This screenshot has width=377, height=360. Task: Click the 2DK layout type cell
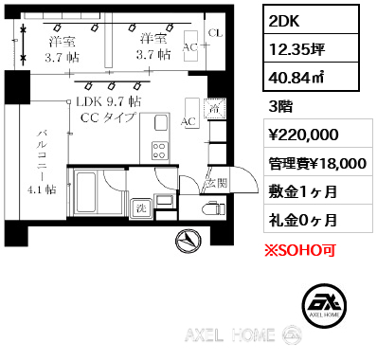[311, 20]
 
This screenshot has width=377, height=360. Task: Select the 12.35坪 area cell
[311, 48]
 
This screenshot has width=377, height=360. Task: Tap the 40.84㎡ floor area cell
[311, 77]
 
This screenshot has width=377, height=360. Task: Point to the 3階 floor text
[280, 106]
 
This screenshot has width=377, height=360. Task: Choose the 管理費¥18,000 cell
[318, 162]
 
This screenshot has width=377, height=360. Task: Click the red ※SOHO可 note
[300, 250]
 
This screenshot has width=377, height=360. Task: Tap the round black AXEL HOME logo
[325, 306]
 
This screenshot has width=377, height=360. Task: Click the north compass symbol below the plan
[188, 242]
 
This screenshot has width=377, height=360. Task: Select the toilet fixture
[213, 208]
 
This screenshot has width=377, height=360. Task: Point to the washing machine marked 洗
[141, 208]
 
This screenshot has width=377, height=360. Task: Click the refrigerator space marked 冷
[215, 109]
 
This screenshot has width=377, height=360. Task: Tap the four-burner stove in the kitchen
[159, 150]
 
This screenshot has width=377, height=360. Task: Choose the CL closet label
[215, 33]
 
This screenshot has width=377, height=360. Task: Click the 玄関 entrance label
[217, 183]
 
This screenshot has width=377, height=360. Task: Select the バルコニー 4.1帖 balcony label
[43, 162]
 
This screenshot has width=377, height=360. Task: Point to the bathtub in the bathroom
[86, 193]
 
